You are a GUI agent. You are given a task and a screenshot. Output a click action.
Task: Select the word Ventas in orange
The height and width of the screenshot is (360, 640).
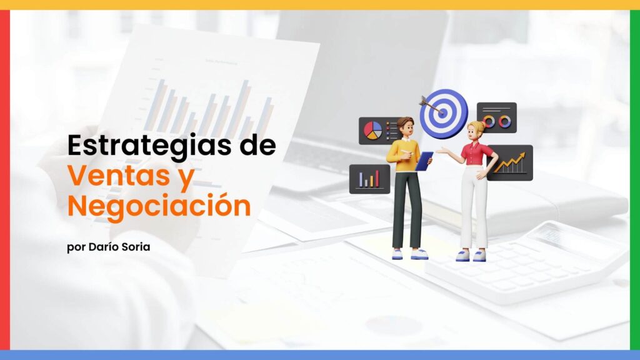119,175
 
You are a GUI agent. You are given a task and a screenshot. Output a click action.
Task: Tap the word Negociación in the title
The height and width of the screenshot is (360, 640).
159,206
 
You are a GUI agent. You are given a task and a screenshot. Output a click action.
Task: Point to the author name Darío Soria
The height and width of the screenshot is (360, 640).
119,247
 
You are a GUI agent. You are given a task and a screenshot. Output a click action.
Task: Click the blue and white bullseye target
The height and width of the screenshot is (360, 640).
444,114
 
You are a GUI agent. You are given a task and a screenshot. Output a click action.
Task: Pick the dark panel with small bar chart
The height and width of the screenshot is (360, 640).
369,179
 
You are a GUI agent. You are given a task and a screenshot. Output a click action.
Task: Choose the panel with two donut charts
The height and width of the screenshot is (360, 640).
497,117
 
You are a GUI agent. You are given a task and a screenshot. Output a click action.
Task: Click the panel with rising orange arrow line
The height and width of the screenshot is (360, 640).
510,163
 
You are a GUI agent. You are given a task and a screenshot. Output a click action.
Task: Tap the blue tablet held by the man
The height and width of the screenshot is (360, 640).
424,161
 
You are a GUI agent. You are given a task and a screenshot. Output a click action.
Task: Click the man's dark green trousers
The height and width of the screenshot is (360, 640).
406,210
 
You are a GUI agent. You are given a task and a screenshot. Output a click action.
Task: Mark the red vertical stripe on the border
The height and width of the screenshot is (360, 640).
5,179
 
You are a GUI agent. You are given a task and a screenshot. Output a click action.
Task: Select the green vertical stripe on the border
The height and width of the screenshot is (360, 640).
635,179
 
